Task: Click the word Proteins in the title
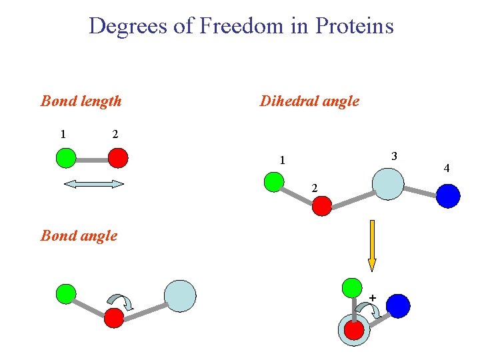[x=355, y=26]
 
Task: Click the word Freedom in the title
[x=235, y=26]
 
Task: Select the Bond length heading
[x=81, y=101]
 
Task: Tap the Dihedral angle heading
[x=309, y=101]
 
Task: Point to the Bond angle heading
[x=79, y=235]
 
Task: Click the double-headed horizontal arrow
[x=94, y=184]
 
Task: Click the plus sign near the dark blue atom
[x=372, y=297]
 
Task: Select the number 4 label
[x=447, y=168]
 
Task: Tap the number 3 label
[x=395, y=156]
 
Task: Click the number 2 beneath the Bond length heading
[x=115, y=134]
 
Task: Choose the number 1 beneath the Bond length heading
[x=63, y=134]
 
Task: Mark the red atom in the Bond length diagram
[x=118, y=158]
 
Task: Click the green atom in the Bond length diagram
[x=65, y=158]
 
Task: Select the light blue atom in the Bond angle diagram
[x=181, y=296]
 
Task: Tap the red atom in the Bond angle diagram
[x=114, y=318]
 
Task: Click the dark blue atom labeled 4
[x=449, y=195]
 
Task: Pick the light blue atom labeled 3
[x=387, y=184]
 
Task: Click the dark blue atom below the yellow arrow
[x=398, y=305]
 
